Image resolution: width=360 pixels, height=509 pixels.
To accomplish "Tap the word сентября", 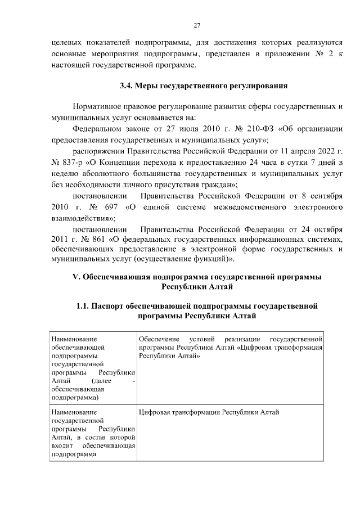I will [325, 196].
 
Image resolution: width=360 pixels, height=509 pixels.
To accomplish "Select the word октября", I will [326, 229].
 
